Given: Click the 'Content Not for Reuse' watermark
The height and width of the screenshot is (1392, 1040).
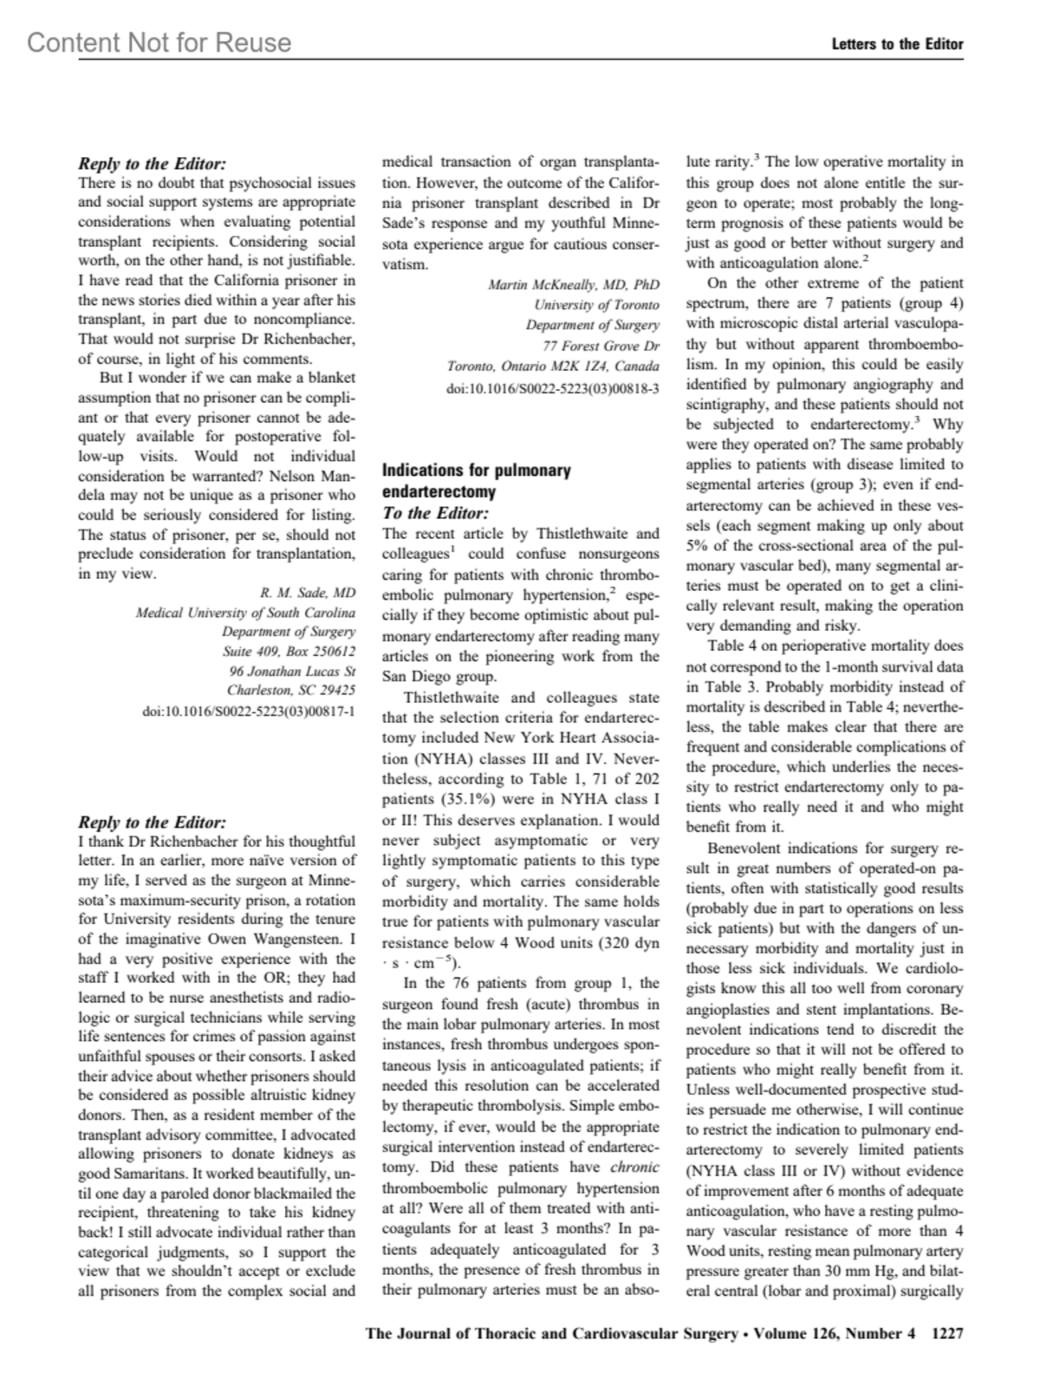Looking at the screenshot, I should (159, 42).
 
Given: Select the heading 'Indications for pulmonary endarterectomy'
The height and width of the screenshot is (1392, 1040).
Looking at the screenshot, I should (477, 481).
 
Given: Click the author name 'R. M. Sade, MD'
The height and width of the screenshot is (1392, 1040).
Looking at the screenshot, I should (308, 593).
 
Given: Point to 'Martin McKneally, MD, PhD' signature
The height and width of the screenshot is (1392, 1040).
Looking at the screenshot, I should (574, 284).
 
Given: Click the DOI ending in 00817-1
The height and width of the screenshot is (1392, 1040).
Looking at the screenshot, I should (249, 712).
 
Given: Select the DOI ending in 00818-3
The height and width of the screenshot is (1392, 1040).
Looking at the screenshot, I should (552, 388).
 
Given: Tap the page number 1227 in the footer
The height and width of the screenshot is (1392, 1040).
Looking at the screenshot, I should (946, 1334).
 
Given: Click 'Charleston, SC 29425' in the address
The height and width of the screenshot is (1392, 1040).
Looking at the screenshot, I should (291, 691).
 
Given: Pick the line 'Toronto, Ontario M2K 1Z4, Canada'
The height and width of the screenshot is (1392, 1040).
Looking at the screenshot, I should (553, 367).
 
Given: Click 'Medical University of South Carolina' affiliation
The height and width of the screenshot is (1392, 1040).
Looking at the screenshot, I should (245, 613).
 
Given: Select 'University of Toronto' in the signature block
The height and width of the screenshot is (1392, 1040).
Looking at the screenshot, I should (596, 305).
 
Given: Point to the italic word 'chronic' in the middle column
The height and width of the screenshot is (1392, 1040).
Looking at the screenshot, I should (634, 1168).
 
